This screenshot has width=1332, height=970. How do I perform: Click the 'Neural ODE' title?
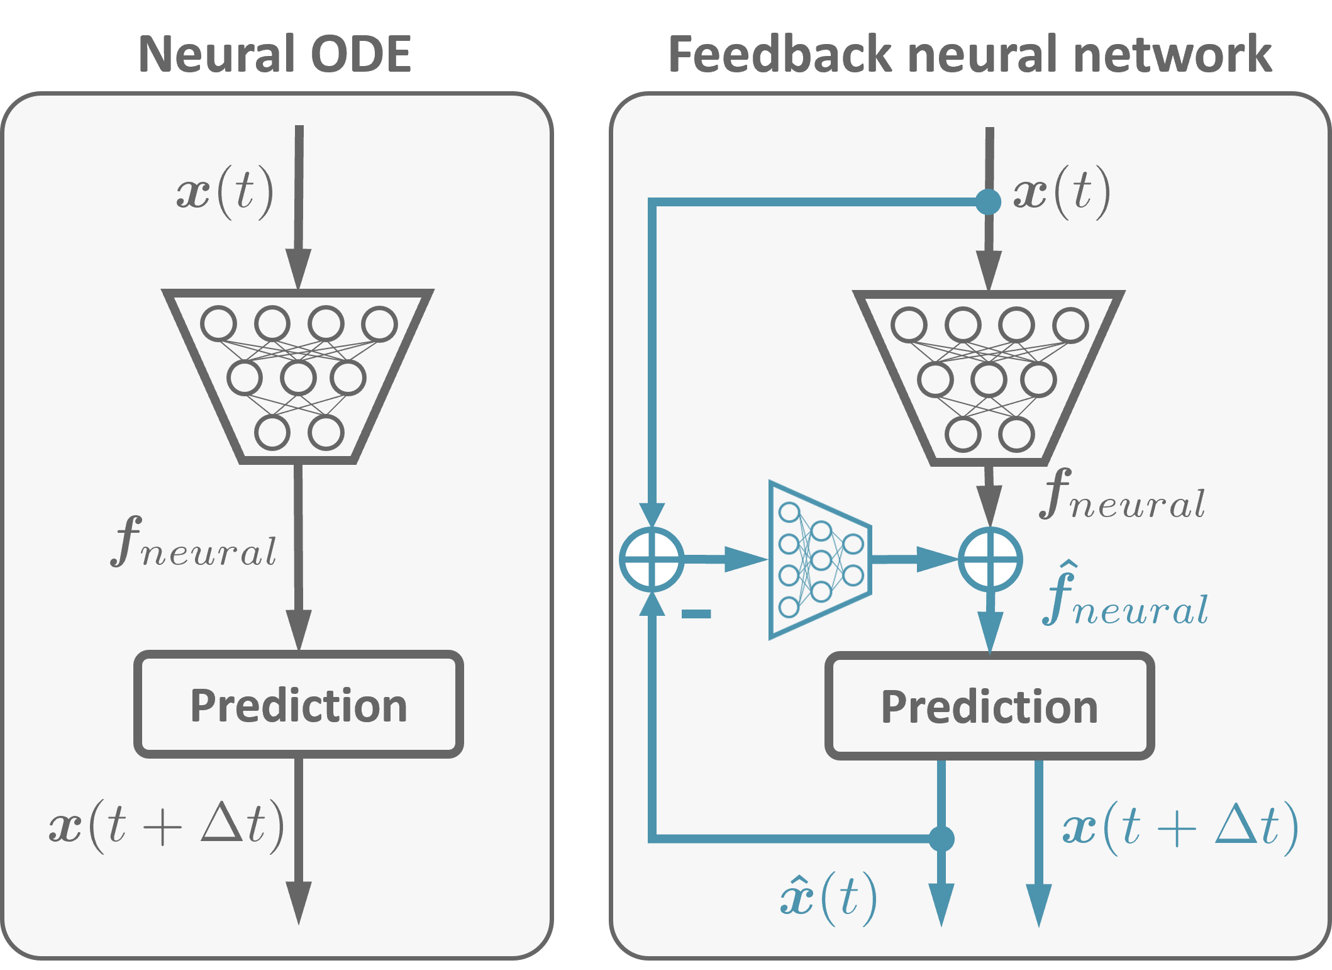point(274,54)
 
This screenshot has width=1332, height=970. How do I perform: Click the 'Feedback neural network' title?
point(970,54)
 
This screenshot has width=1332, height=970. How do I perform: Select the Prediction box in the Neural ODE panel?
point(299,705)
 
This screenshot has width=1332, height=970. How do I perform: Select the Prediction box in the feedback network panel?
point(989,706)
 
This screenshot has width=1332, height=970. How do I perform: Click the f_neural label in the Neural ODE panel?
point(194,542)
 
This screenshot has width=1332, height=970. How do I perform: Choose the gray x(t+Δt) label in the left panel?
point(167,825)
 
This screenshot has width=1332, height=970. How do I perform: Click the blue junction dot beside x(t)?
point(988,202)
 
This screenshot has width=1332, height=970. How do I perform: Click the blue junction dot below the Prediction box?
point(941,839)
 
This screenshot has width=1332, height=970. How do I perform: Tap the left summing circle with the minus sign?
point(652,559)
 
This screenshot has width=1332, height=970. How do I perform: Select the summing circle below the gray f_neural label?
point(990,559)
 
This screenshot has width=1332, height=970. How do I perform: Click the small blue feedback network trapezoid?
point(820,560)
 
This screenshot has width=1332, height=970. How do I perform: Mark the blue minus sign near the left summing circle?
point(696,614)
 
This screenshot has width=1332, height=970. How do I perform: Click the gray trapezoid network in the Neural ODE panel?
point(298,376)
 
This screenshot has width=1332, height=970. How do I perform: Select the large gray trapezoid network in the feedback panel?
point(989,377)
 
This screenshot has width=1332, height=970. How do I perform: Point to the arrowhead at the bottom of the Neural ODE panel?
point(299,902)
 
